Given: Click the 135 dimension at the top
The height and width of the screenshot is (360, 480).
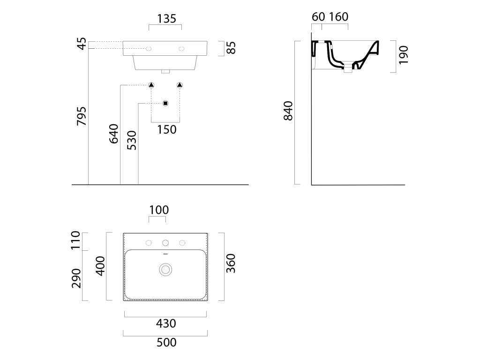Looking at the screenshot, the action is (x=166, y=19).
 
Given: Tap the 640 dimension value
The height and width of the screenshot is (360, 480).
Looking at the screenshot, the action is (x=114, y=134).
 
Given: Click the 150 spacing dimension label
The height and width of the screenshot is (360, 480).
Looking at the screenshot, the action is (x=166, y=129).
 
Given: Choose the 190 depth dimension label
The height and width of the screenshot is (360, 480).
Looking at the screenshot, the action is (x=404, y=55).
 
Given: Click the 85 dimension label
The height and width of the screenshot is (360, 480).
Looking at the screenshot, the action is (x=231, y=47).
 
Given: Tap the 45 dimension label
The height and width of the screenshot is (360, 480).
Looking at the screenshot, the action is (x=82, y=44).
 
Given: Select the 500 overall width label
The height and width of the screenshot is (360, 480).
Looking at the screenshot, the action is (x=166, y=343).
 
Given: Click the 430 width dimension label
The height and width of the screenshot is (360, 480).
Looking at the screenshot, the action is (x=166, y=323).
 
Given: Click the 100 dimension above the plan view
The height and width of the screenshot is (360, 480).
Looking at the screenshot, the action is (x=159, y=210).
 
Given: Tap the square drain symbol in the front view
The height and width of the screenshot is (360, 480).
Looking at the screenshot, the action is (x=165, y=103).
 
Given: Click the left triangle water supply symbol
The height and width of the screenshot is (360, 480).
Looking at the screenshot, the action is (x=151, y=85).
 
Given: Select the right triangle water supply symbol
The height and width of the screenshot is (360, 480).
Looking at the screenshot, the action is (x=180, y=85).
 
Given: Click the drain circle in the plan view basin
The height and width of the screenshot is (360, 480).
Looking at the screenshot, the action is (x=165, y=269).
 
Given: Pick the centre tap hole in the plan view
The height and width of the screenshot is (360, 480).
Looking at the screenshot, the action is (x=165, y=243).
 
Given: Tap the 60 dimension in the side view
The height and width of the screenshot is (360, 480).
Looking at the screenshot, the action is (x=318, y=17).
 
